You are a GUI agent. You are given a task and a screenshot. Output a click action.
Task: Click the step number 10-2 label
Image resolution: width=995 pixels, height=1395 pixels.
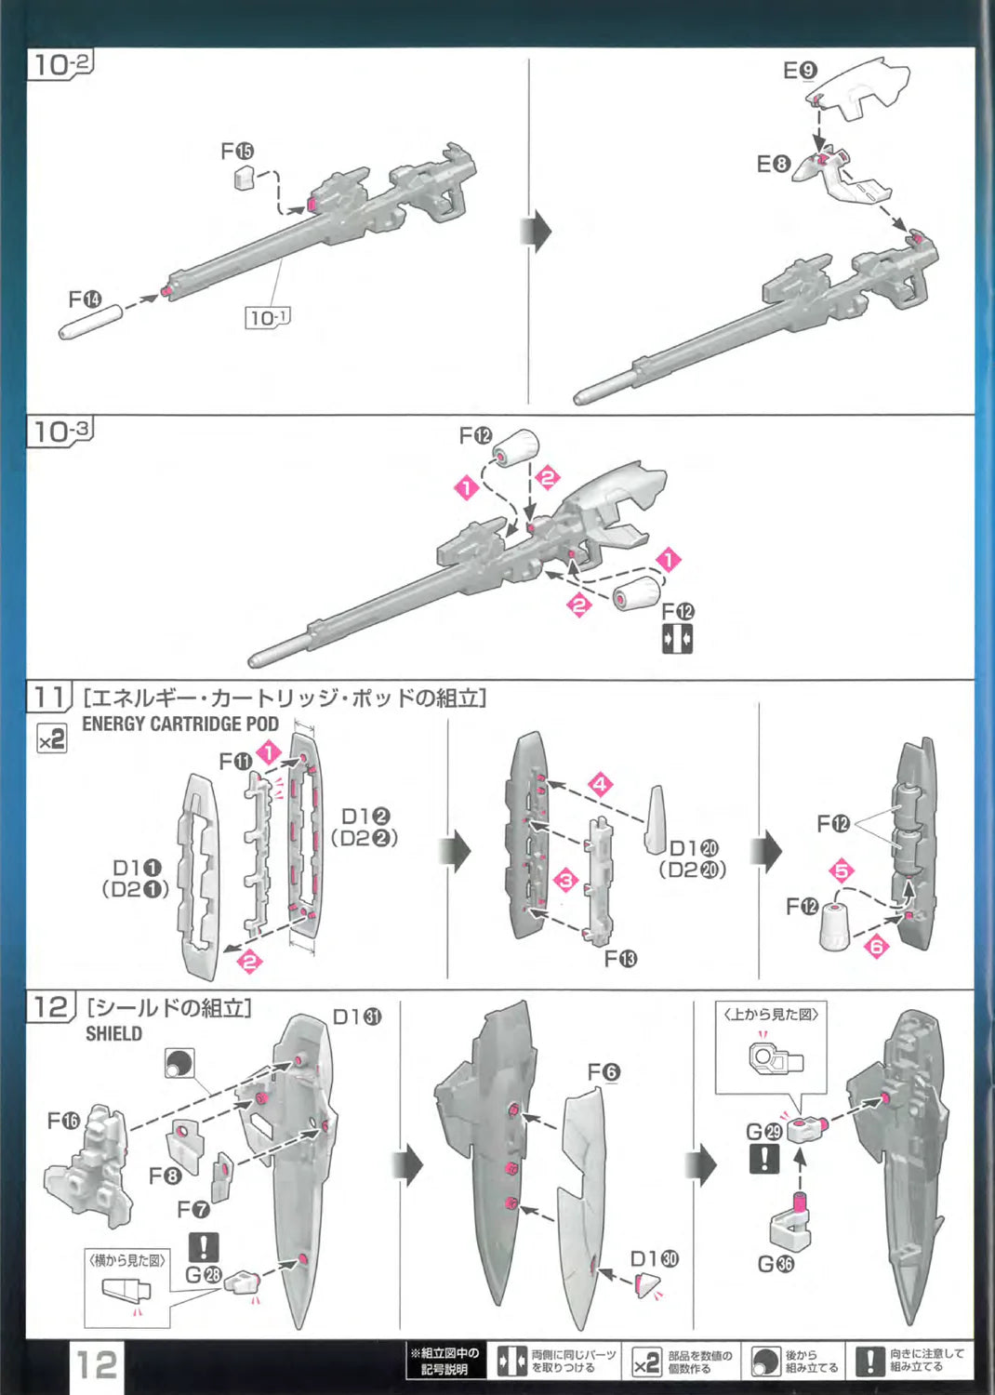coord(61,64)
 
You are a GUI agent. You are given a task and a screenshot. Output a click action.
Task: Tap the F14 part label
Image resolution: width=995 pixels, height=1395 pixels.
coord(85,299)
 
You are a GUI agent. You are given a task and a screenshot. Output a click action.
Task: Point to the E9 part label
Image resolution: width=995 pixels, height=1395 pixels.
coord(799,71)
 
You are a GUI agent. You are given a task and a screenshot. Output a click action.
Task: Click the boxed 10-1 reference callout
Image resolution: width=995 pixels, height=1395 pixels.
coord(268,318)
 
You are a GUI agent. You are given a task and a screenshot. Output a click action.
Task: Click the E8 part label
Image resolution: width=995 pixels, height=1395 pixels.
coord(772,165)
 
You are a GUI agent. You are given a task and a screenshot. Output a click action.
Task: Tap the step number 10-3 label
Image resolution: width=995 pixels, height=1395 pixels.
coord(61,431)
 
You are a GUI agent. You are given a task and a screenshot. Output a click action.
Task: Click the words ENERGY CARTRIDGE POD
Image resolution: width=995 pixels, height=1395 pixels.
coord(180,724)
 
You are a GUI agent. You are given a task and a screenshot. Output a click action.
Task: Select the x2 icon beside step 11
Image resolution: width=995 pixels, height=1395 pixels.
coord(51,739)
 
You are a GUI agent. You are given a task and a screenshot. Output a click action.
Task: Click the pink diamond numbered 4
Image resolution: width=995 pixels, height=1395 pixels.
coord(601,784)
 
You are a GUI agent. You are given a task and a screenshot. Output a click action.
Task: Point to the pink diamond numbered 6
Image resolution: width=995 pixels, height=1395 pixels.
coord(876,946)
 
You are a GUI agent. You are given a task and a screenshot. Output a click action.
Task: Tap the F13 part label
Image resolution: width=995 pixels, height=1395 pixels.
coord(620,959)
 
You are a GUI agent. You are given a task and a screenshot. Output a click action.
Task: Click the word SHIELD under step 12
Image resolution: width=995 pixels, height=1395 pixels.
coord(113,1033)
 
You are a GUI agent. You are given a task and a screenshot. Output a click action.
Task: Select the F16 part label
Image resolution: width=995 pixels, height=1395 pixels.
coord(63,1121)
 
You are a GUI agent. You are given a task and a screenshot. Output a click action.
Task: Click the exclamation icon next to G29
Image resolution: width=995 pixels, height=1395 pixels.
coord(764,1159)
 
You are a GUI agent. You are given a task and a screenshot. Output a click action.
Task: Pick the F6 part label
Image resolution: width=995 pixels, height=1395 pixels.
coord(603,1072)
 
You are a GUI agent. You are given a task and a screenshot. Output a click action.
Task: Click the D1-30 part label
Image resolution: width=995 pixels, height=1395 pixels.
coord(654,1259)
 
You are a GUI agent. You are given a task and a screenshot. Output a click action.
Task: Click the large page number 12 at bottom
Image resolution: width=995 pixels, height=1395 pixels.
coord(97,1365)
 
